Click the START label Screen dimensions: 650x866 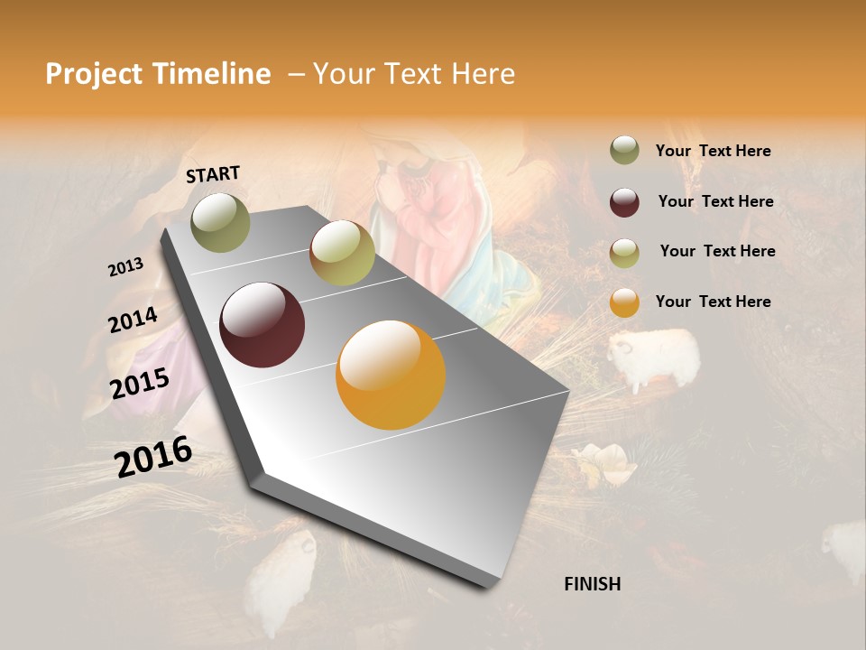pos(213,174)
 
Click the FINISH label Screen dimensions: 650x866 pos(593,584)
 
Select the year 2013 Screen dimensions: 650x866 pos(125,267)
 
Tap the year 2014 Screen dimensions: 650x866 pos(133,320)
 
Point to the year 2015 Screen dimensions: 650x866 pos(140,384)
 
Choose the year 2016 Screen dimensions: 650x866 pos(153,456)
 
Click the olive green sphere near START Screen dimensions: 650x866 pos(221,222)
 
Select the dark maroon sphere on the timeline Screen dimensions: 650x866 pos(262,325)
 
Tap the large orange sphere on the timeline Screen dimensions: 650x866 pos(391,375)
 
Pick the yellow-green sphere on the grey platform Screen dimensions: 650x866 pos(342,254)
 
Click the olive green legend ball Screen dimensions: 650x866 pos(624,151)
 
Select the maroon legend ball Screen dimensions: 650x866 pos(624,202)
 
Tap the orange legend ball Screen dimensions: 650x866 pos(624,302)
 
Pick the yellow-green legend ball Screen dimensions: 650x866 pos(624,253)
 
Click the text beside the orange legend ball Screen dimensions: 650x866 pos(713,302)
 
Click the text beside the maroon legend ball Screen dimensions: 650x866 pos(715,201)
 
